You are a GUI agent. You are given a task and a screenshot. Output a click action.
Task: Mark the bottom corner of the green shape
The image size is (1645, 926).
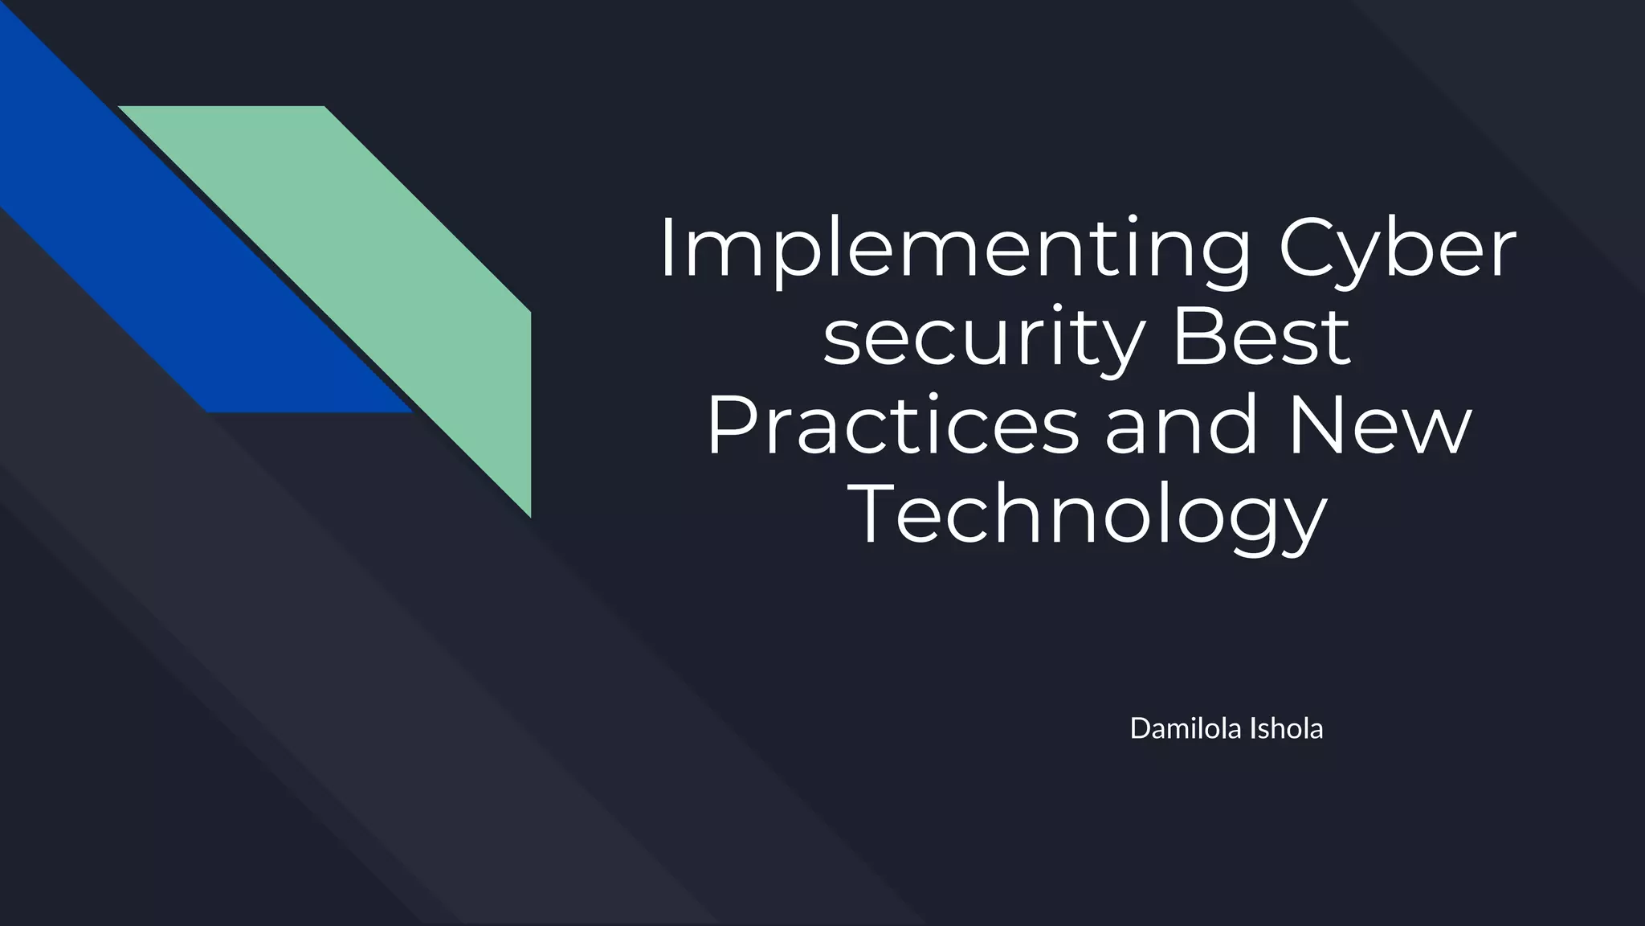coord(529,514)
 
